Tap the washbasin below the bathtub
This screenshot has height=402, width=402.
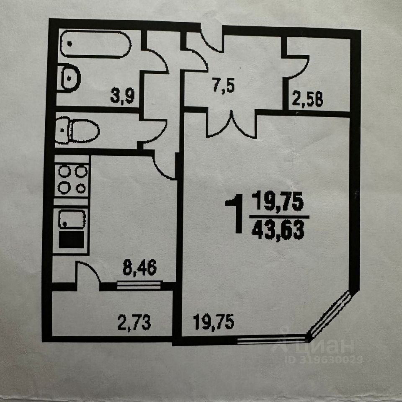point(70,77)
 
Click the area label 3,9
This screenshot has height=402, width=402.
point(122,96)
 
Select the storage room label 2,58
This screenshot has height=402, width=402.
point(308,100)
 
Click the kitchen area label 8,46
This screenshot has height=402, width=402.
point(139,267)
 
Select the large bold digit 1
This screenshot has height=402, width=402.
point(234,216)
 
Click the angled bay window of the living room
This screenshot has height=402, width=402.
point(331,314)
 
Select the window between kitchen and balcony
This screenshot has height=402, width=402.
point(139,286)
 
